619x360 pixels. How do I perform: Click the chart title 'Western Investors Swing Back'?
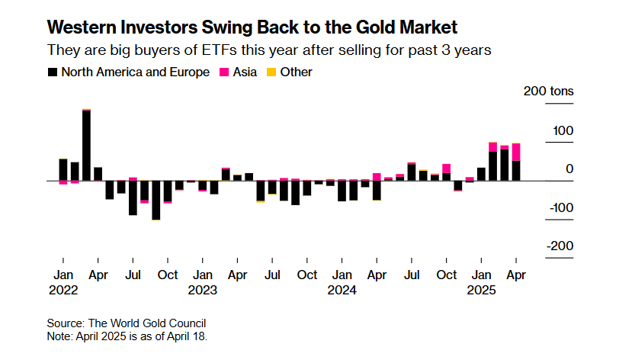[x=252, y=28]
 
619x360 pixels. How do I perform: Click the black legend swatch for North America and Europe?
[x=52, y=72]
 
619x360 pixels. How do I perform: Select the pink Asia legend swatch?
[x=225, y=72]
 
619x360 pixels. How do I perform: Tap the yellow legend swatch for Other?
[x=271, y=72]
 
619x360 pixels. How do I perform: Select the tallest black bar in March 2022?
[x=86, y=146]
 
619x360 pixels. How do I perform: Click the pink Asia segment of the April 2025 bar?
[x=516, y=152]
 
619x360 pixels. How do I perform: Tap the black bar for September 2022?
[x=156, y=200]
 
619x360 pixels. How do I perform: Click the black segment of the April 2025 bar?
[x=516, y=171]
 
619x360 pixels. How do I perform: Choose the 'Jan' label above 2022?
[x=63, y=275]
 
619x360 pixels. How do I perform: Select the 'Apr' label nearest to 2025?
[x=516, y=275]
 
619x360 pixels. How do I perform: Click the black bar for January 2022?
[x=63, y=169]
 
